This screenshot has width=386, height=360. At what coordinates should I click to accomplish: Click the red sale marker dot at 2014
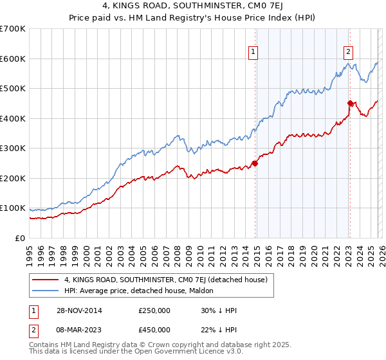(x=255, y=163)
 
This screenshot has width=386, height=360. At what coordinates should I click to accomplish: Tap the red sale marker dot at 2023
(x=350, y=103)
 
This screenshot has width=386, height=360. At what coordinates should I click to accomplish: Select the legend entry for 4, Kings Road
(x=161, y=279)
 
